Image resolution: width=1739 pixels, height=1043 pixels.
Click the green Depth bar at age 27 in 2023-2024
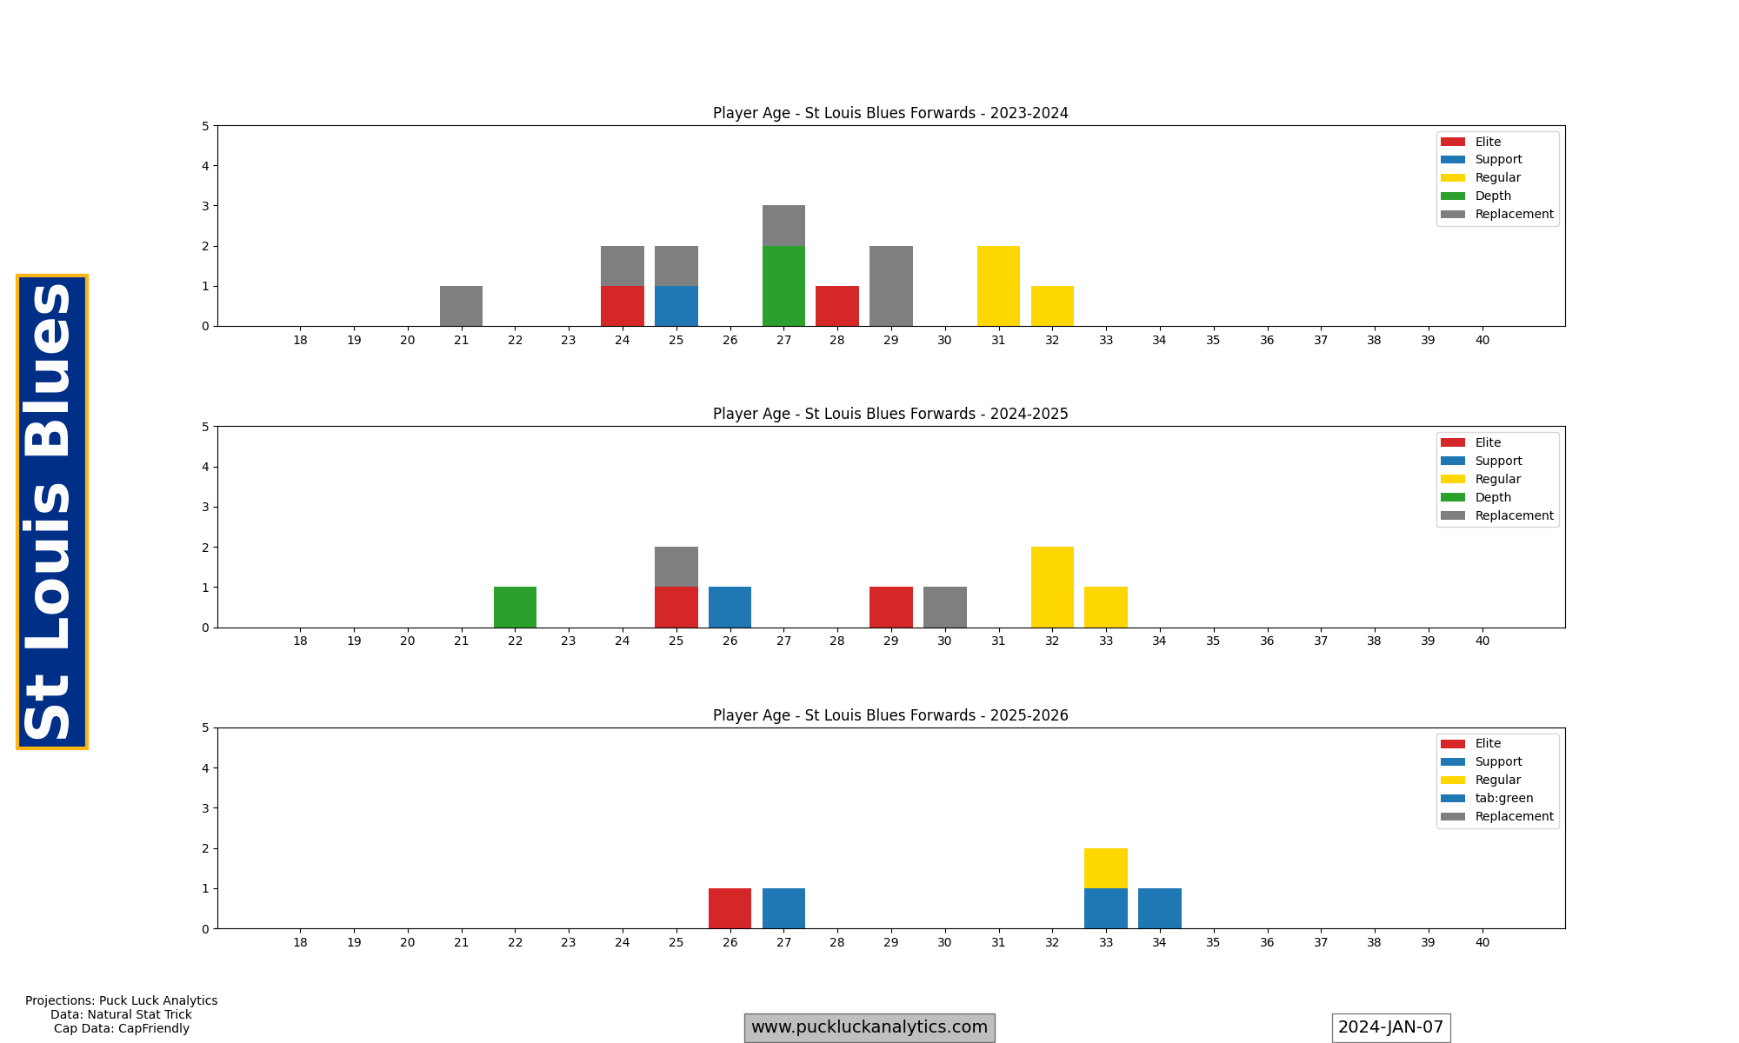pyautogui.click(x=783, y=286)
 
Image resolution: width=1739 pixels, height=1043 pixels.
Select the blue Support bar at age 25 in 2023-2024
pyautogui.click(x=676, y=306)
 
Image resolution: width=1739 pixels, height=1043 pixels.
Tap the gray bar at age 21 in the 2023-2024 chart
pyautogui.click(x=461, y=306)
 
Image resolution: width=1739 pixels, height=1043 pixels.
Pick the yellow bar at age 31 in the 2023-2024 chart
pyautogui.click(x=998, y=286)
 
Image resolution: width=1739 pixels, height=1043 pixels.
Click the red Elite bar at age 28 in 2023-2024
pyautogui.click(x=836, y=306)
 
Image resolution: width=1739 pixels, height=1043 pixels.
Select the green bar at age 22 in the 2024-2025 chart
pyautogui.click(x=515, y=607)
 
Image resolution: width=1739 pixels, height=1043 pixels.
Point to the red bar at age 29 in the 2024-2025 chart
pyautogui.click(x=890, y=607)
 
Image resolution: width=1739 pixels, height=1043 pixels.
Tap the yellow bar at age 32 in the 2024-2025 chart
pyautogui.click(x=1052, y=587)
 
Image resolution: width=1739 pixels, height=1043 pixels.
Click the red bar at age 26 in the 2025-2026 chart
pyautogui.click(x=730, y=908)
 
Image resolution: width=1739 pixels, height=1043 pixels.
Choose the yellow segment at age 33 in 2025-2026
pyautogui.click(x=1105, y=868)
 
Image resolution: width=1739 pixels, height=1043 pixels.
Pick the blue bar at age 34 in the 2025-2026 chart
pyautogui.click(x=1159, y=908)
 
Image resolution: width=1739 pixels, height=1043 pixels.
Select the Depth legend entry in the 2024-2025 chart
pyautogui.click(x=1493, y=497)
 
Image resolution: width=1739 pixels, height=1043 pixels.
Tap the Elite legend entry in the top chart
pyautogui.click(x=1488, y=142)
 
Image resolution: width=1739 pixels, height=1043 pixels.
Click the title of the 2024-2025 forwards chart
pyautogui.click(x=890, y=414)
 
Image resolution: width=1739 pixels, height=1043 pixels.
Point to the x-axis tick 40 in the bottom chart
pyautogui.click(x=1482, y=942)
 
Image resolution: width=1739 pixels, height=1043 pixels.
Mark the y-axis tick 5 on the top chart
pyautogui.click(x=205, y=126)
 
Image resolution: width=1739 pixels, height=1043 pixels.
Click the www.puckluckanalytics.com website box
pyautogui.click(x=869, y=1027)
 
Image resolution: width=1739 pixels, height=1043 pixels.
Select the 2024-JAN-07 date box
pyautogui.click(x=1390, y=1027)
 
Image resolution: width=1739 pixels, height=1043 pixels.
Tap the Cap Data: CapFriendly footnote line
pyautogui.click(x=122, y=1028)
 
